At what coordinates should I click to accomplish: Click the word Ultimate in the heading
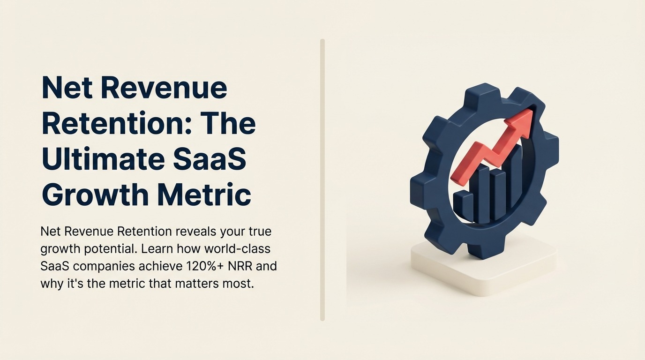pos(99,159)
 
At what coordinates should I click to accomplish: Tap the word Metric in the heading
pos(204,195)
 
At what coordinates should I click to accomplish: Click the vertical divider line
pos(322,180)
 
